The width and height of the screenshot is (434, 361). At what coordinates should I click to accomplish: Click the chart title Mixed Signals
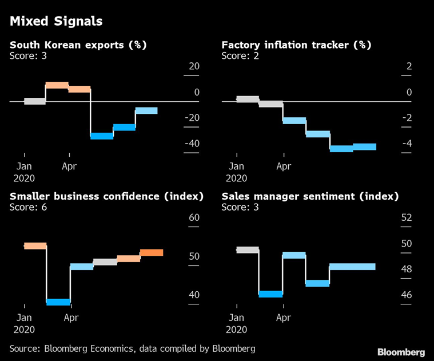(x=56, y=22)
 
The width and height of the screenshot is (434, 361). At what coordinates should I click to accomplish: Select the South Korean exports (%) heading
(x=78, y=45)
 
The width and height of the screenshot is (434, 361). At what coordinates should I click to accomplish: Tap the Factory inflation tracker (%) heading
(x=296, y=45)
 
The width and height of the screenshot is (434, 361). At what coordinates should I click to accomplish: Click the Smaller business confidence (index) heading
(x=106, y=196)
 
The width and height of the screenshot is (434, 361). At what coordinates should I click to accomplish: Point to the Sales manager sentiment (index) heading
(x=310, y=196)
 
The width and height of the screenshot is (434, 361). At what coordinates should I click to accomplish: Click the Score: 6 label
(x=28, y=207)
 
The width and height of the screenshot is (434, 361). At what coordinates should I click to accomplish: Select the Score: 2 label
(x=240, y=55)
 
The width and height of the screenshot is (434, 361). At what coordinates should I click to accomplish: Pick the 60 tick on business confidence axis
(x=194, y=217)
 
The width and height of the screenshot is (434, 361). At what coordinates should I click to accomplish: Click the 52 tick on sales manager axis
(x=407, y=217)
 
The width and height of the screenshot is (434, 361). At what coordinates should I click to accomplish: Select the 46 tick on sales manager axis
(x=407, y=295)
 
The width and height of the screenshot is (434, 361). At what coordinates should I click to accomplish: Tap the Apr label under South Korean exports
(x=69, y=166)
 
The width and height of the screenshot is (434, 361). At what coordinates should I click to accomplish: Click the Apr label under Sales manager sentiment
(x=283, y=318)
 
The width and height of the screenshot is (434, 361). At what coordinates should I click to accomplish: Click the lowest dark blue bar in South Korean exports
(x=102, y=136)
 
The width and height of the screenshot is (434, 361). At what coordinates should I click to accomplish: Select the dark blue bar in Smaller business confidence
(x=58, y=302)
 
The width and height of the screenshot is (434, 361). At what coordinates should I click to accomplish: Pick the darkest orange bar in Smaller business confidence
(x=152, y=252)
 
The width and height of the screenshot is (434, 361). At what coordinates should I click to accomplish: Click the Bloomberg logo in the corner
(x=401, y=351)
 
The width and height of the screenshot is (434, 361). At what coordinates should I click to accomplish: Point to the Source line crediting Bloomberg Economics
(x=132, y=348)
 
